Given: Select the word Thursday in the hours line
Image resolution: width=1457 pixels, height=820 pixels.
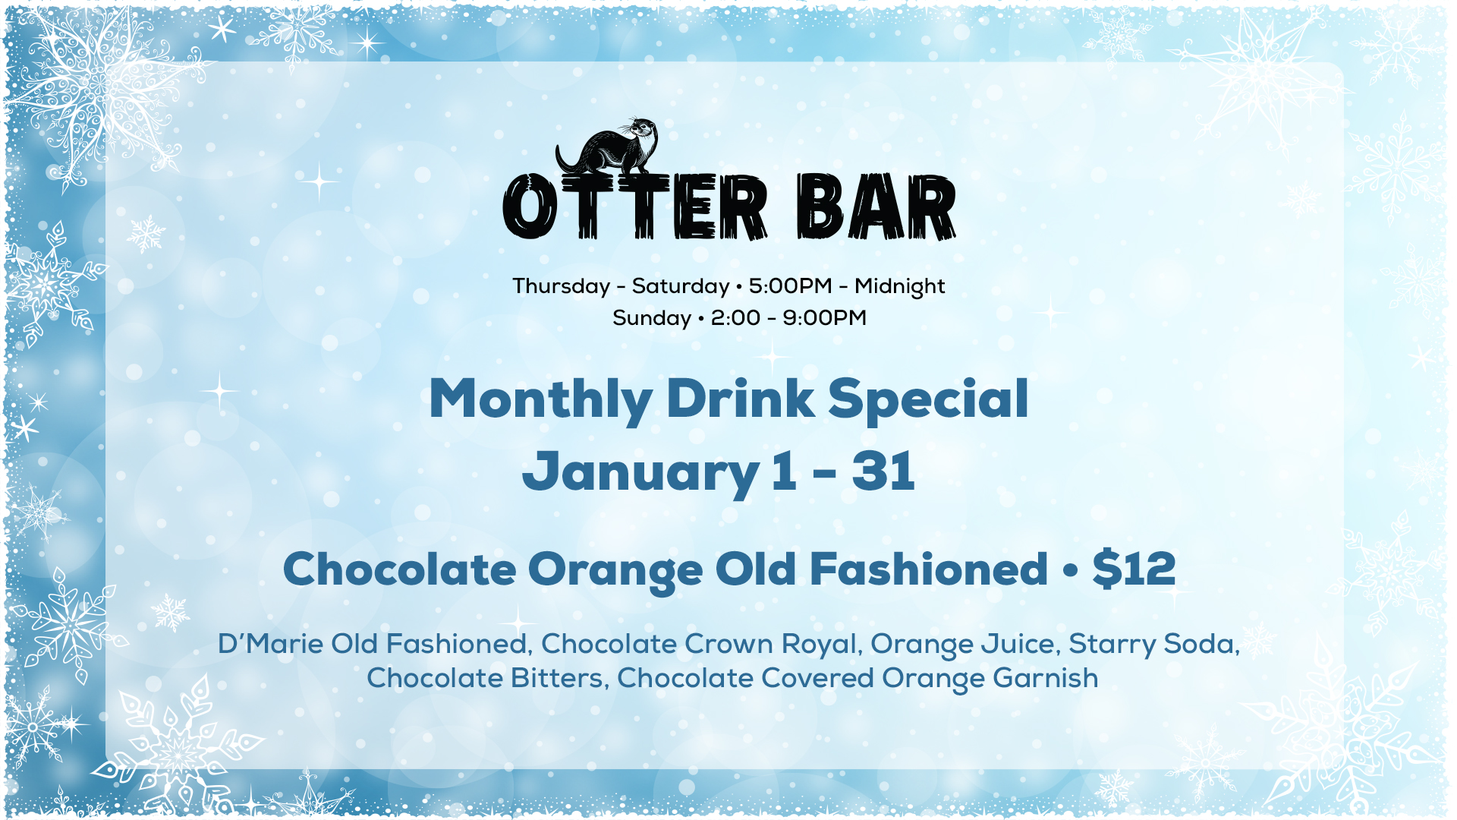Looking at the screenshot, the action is [x=561, y=287].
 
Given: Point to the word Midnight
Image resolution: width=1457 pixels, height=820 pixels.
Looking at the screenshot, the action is [x=899, y=287].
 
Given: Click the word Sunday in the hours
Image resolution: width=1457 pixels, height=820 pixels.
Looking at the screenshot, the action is [x=651, y=319].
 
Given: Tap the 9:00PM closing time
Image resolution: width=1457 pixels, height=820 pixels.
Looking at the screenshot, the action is [x=824, y=317].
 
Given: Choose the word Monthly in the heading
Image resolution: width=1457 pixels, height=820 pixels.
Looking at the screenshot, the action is [x=540, y=400].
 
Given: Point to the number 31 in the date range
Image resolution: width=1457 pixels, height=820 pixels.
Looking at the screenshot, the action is [x=883, y=471].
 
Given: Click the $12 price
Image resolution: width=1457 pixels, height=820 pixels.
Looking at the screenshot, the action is [x=1134, y=569].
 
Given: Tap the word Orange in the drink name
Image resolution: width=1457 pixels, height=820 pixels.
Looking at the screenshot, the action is [x=615, y=571].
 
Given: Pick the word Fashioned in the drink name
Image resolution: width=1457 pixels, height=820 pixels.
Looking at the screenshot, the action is [x=928, y=569].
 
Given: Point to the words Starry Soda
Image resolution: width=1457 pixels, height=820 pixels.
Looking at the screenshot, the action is [x=1153, y=645].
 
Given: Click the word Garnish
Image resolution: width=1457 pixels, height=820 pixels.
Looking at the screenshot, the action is [x=1045, y=678].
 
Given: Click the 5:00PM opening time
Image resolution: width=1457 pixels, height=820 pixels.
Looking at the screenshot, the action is [x=790, y=285].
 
